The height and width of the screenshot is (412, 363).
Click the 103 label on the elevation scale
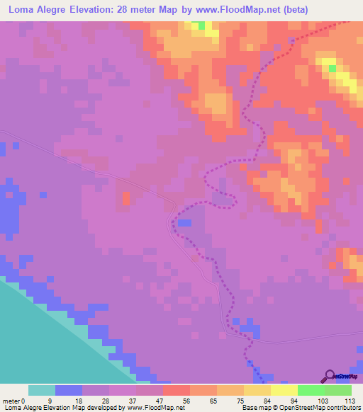click(x=323, y=400)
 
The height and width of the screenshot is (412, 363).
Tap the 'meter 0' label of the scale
click(x=14, y=400)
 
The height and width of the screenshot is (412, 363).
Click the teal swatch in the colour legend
click(x=42, y=390)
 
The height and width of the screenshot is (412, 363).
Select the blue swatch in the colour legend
click(x=69, y=390)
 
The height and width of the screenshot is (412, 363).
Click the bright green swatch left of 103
click(x=311, y=390)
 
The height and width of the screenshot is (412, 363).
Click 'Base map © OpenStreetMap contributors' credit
click(x=301, y=408)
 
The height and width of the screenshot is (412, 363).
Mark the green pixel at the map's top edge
click(x=201, y=25)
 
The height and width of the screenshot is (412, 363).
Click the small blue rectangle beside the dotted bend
click(x=184, y=222)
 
